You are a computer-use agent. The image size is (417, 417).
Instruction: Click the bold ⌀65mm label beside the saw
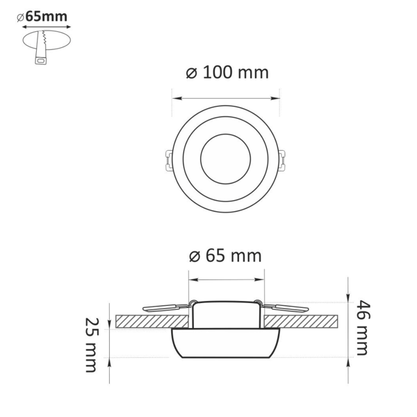[42, 17]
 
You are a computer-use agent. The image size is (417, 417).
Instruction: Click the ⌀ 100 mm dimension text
[227, 72]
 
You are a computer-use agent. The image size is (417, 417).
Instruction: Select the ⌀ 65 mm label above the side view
[225, 256]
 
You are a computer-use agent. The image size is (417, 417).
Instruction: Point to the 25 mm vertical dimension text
[92, 345]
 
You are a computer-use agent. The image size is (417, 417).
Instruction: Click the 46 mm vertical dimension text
[363, 327]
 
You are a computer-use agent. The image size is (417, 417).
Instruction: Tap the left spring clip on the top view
[169, 160]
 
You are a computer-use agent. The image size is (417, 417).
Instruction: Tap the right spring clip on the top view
[282, 160]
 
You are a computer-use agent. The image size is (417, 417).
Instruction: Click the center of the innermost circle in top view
[225, 159]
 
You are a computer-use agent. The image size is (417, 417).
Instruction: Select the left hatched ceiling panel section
[152, 321]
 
